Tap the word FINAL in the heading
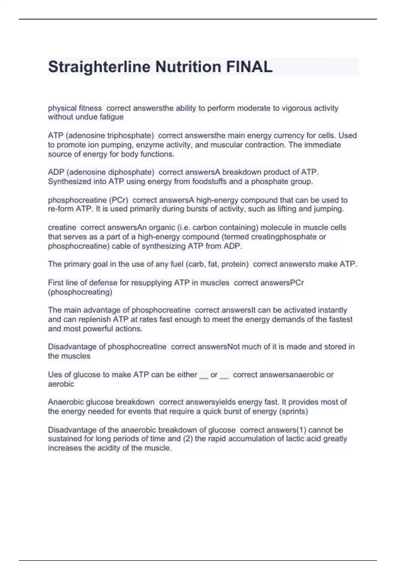249,67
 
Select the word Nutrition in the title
188,67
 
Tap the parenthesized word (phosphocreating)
80,292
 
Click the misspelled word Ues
54,375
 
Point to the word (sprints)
293,412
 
